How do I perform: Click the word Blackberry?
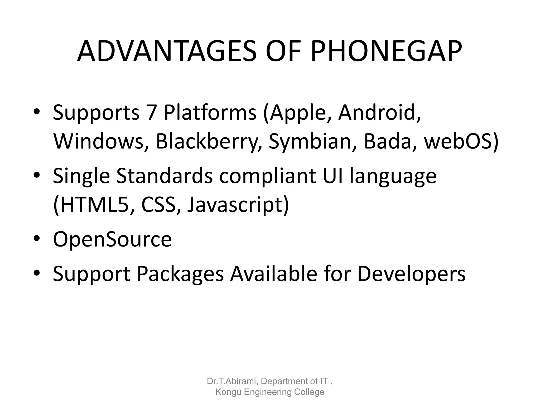click(209, 142)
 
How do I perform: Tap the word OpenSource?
click(112, 239)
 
